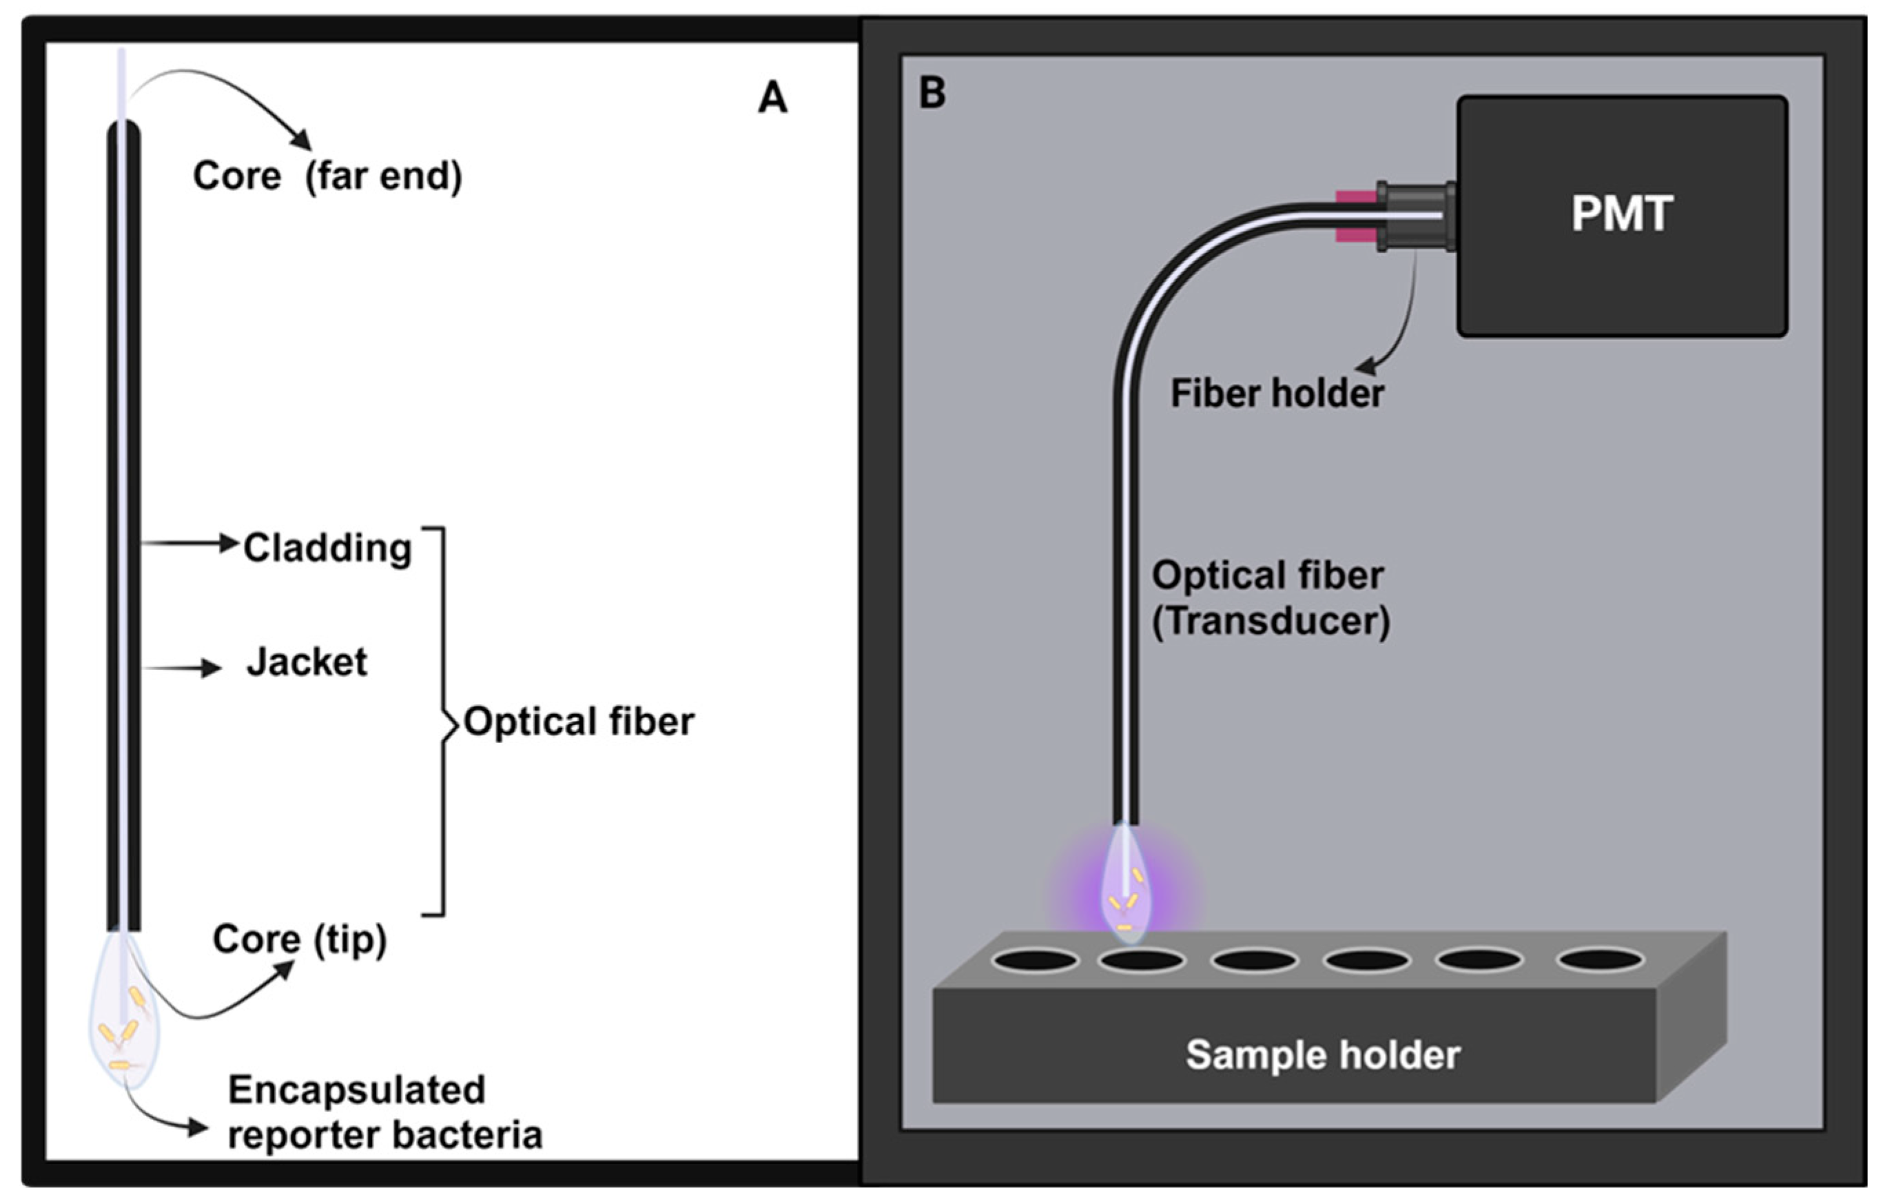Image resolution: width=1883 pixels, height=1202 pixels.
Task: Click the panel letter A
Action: pyautogui.click(x=772, y=99)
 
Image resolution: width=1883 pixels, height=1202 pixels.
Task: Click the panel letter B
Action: pyautogui.click(x=932, y=94)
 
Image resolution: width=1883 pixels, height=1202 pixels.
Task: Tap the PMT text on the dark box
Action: pyautogui.click(x=1622, y=213)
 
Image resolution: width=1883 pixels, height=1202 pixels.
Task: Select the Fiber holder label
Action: pyautogui.click(x=1277, y=394)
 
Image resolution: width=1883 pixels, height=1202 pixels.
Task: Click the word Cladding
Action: pyautogui.click(x=327, y=548)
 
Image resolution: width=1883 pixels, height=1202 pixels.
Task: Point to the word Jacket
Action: pyautogui.click(x=307, y=662)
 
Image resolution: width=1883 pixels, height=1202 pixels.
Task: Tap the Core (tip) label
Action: pyautogui.click(x=300, y=939)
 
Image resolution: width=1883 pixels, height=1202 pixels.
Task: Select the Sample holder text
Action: pyautogui.click(x=1322, y=1055)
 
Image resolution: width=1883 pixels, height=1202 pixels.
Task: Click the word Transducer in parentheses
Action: pyautogui.click(x=1270, y=622)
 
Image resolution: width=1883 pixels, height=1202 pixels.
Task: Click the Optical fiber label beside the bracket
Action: pyautogui.click(x=579, y=722)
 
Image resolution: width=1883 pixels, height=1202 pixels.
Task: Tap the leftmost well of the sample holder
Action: pyautogui.click(x=1036, y=960)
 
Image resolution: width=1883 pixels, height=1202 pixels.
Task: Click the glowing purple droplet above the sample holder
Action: pyautogui.click(x=1126, y=892)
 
